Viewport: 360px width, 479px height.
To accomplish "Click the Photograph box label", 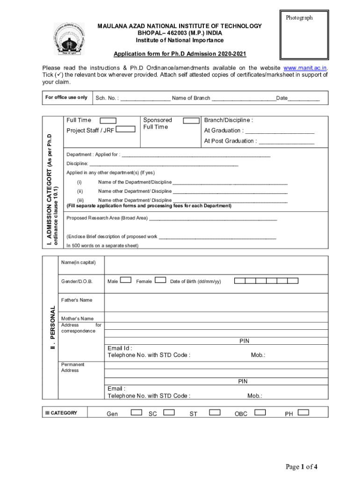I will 299,18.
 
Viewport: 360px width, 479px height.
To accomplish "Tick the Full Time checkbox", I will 108,121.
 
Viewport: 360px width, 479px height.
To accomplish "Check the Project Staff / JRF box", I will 125,130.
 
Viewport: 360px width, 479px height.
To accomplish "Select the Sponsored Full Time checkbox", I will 191,121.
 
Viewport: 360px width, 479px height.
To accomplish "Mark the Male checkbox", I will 125,280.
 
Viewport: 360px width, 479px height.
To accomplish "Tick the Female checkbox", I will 160,280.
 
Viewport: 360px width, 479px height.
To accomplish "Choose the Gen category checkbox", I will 137,412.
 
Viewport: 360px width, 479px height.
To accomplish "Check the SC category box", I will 169,412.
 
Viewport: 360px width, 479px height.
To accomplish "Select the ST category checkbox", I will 215,412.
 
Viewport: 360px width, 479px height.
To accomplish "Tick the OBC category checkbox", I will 260,412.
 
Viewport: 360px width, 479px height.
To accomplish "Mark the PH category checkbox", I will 303,412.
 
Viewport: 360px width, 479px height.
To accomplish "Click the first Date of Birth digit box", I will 239,281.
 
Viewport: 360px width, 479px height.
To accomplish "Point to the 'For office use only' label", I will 66,97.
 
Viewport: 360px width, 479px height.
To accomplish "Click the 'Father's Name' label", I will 77,300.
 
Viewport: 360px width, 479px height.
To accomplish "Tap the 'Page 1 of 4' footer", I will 302,466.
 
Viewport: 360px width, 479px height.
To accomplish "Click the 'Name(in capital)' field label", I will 78,262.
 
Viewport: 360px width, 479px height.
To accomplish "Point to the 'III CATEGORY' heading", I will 61,413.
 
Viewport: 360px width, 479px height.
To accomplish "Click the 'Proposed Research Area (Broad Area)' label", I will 107,218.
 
